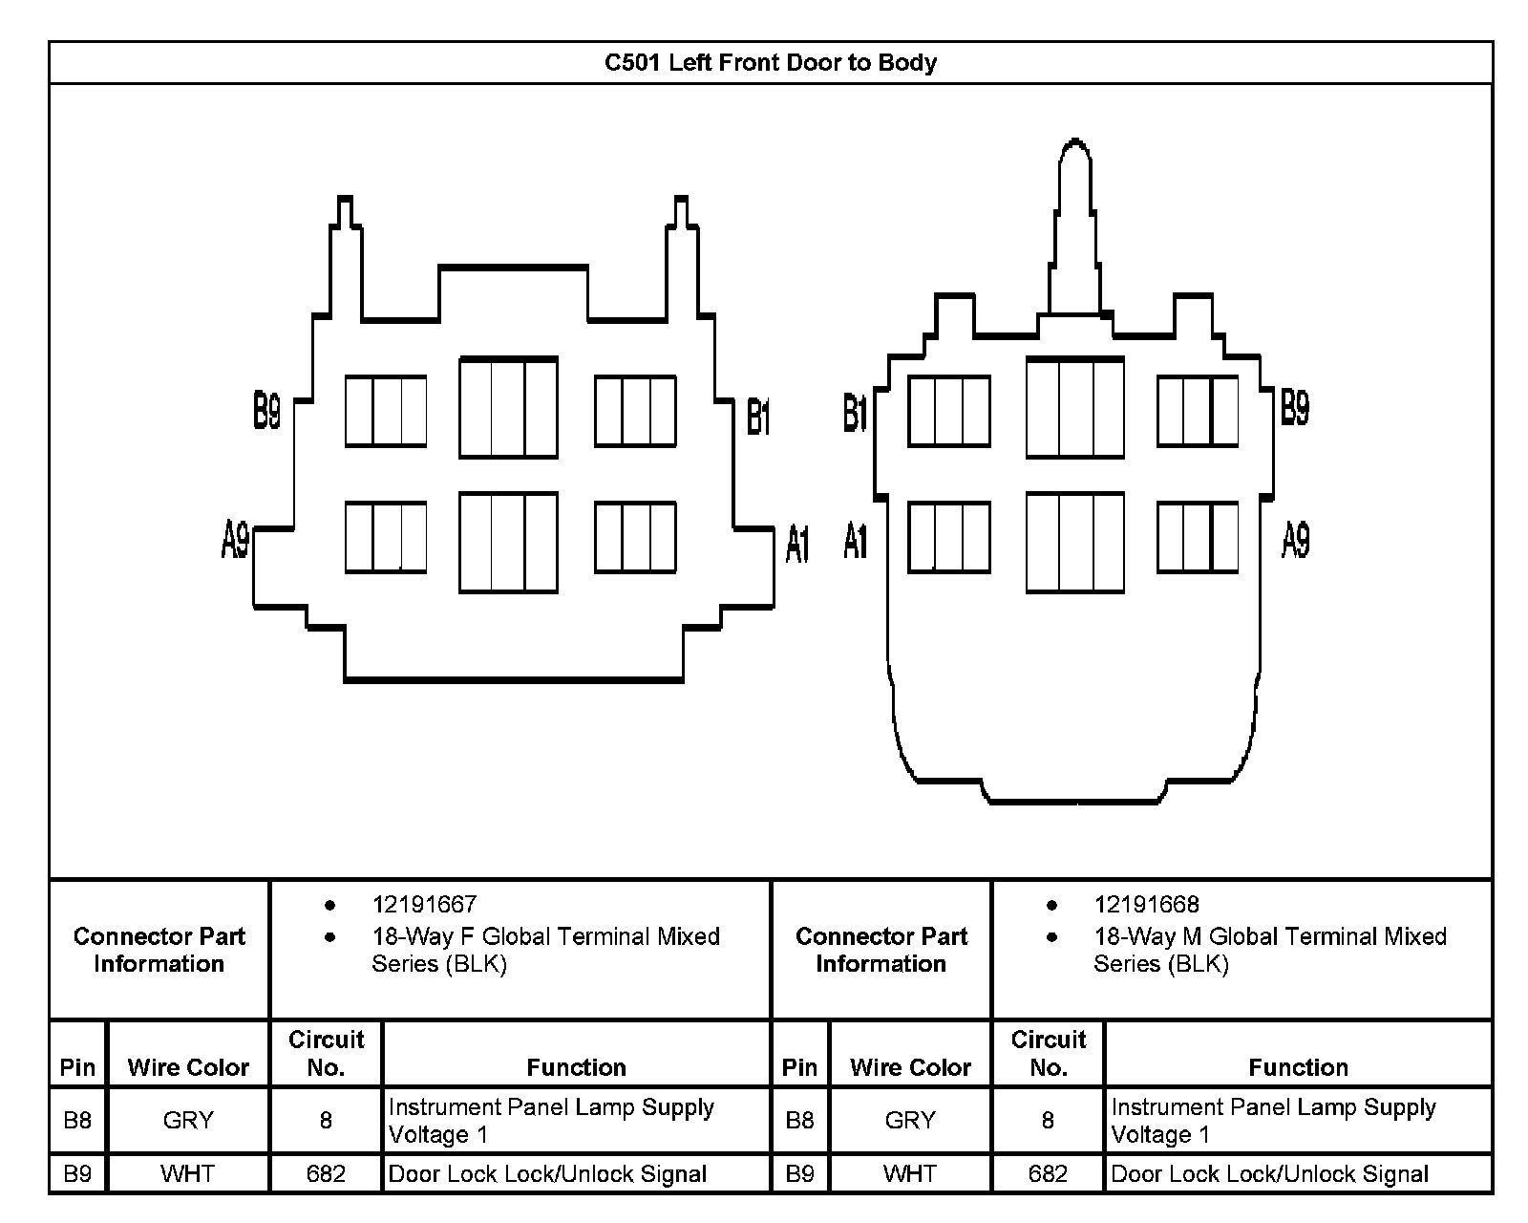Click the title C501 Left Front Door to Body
click(771, 62)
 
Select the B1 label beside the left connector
click(758, 416)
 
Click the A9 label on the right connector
click(1296, 540)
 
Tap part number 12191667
click(425, 904)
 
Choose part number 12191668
click(1147, 904)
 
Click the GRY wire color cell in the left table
click(188, 1120)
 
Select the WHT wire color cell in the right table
click(909, 1173)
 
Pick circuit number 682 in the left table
click(326, 1173)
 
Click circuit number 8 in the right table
click(1048, 1120)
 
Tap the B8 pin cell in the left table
click(77, 1120)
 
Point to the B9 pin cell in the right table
click(799, 1173)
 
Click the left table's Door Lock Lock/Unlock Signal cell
click(547, 1174)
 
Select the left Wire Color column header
click(188, 1066)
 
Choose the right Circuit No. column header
click(1049, 1053)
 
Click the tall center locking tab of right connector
click(1075, 227)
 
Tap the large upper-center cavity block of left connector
click(508, 407)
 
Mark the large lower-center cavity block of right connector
click(1075, 542)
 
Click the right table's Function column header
click(1298, 1066)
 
